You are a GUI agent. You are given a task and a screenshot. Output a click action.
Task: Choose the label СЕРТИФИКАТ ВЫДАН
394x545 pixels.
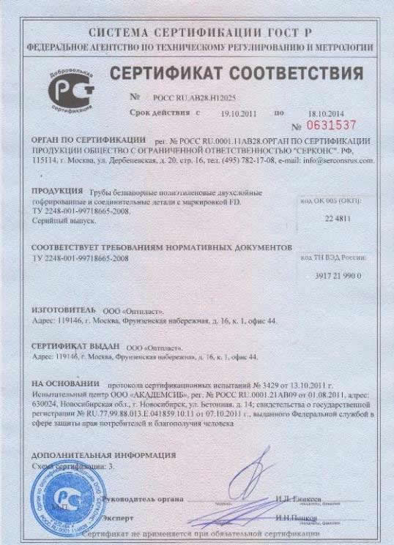coord(75,347)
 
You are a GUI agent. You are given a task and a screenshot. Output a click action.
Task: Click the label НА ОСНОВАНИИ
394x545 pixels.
coord(65,383)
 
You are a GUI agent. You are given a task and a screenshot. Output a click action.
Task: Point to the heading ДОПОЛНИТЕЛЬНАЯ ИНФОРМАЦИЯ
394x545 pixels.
coord(93,454)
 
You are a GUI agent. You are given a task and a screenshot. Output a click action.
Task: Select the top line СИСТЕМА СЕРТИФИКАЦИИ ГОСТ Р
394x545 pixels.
coord(196,33)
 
